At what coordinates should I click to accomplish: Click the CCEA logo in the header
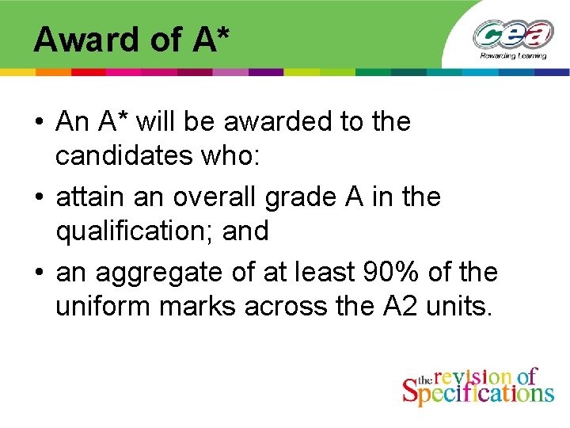coord(513,34)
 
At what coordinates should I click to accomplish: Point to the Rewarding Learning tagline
coord(512,56)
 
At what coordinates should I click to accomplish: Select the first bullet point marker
coord(38,123)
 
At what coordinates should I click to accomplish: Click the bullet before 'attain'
coord(38,197)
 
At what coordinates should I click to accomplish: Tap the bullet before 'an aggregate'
coord(38,273)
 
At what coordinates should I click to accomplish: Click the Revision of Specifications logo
coord(477,387)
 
